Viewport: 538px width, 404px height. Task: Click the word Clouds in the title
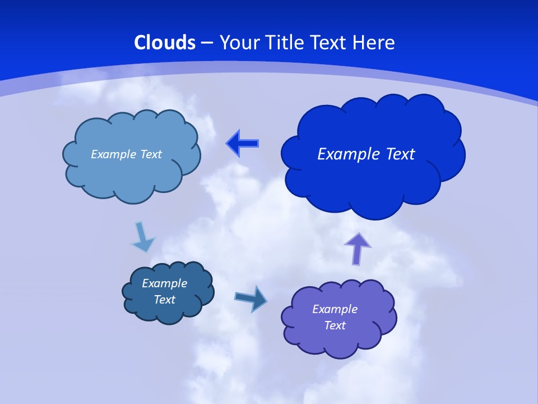[x=165, y=43]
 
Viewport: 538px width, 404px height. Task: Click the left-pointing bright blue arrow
[x=242, y=143]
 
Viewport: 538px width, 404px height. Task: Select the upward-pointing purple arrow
[x=358, y=248]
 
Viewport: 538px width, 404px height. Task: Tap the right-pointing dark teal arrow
[x=251, y=299]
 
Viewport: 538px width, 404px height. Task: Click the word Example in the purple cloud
[x=335, y=309]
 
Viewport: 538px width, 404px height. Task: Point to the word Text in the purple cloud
[x=335, y=325]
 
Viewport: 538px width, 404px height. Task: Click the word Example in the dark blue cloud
[x=164, y=283]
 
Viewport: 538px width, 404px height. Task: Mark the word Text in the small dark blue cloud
[x=164, y=300]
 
